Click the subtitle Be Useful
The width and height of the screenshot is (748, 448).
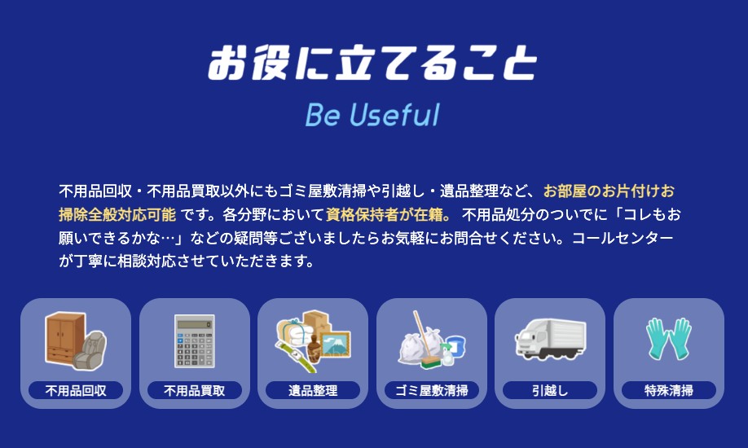point(372,115)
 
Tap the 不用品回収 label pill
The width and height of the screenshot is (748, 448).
point(76,390)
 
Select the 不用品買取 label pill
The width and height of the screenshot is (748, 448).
point(194,390)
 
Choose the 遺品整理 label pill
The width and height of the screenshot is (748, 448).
point(313,390)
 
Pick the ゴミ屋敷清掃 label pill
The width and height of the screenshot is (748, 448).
point(431,390)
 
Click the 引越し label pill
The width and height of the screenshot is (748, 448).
point(550,390)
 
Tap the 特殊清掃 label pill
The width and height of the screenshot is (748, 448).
point(668,390)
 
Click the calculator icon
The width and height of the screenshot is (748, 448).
point(194,340)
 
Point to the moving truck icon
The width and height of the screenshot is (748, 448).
point(550,338)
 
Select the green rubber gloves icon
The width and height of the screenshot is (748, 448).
point(668,338)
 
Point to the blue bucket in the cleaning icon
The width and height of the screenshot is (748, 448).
point(455,346)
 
